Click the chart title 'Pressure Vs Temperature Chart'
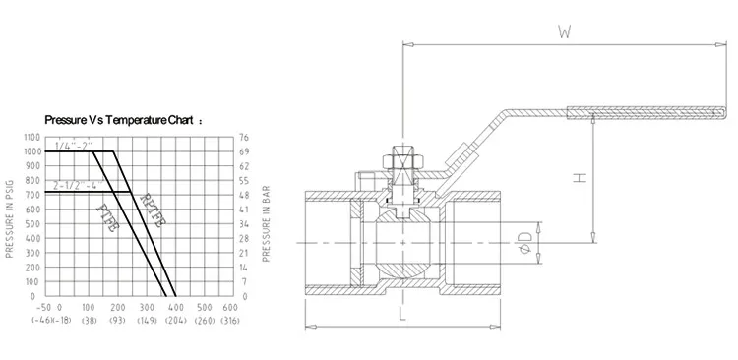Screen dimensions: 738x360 119,120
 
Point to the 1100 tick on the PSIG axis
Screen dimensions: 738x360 32,138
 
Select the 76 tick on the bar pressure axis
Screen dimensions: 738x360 244,138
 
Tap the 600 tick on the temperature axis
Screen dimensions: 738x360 230,307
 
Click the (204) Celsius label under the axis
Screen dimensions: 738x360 175,321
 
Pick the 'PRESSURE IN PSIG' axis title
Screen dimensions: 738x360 9,218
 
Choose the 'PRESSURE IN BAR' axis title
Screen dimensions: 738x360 266,223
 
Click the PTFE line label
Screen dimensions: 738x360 107,217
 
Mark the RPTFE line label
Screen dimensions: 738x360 153,210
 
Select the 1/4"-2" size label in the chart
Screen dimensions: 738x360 74,145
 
